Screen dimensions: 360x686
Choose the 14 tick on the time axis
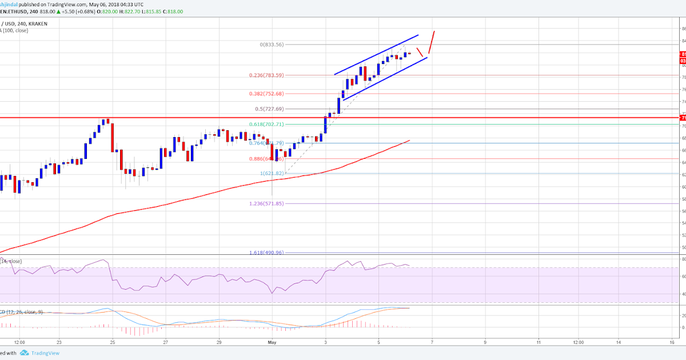tap(619, 342)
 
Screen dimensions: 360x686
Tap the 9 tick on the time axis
tap(485, 342)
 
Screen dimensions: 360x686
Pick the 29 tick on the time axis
tap(220, 342)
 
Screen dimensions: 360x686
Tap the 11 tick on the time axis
tap(539, 342)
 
